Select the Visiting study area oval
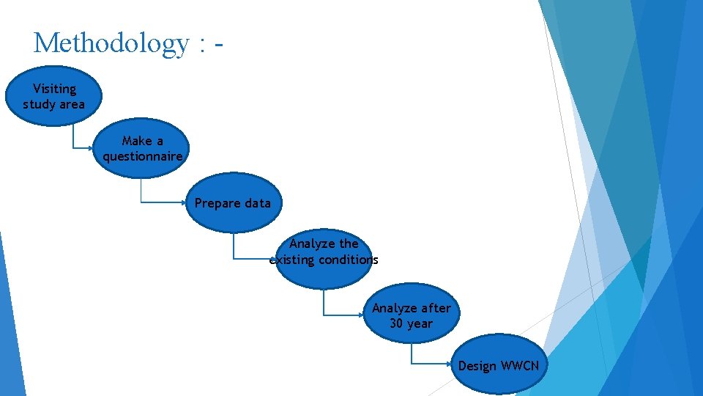click(x=53, y=96)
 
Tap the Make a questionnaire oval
click(x=142, y=148)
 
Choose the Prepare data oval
click(x=232, y=203)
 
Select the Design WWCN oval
click(x=498, y=364)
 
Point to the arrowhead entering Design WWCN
click(x=455, y=364)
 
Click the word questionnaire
click(x=142, y=156)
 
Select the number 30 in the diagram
click(x=397, y=323)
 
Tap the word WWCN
click(x=519, y=365)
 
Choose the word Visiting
click(x=54, y=89)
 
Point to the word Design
click(x=477, y=365)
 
